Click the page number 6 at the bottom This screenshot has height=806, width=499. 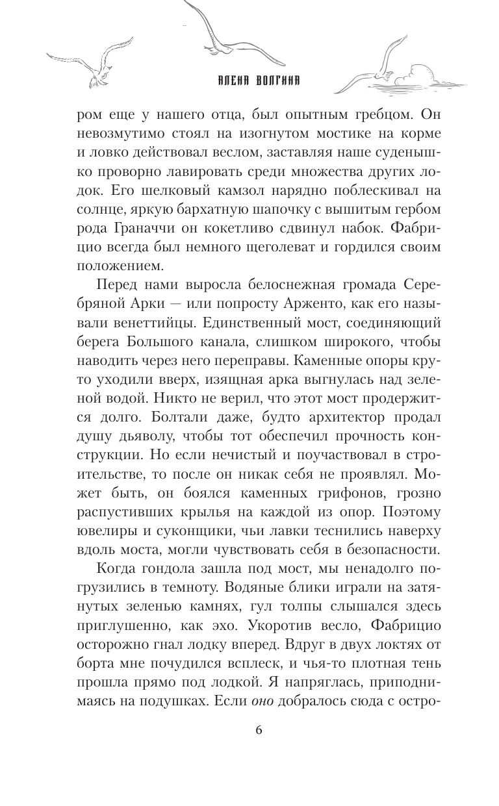[259, 729]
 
